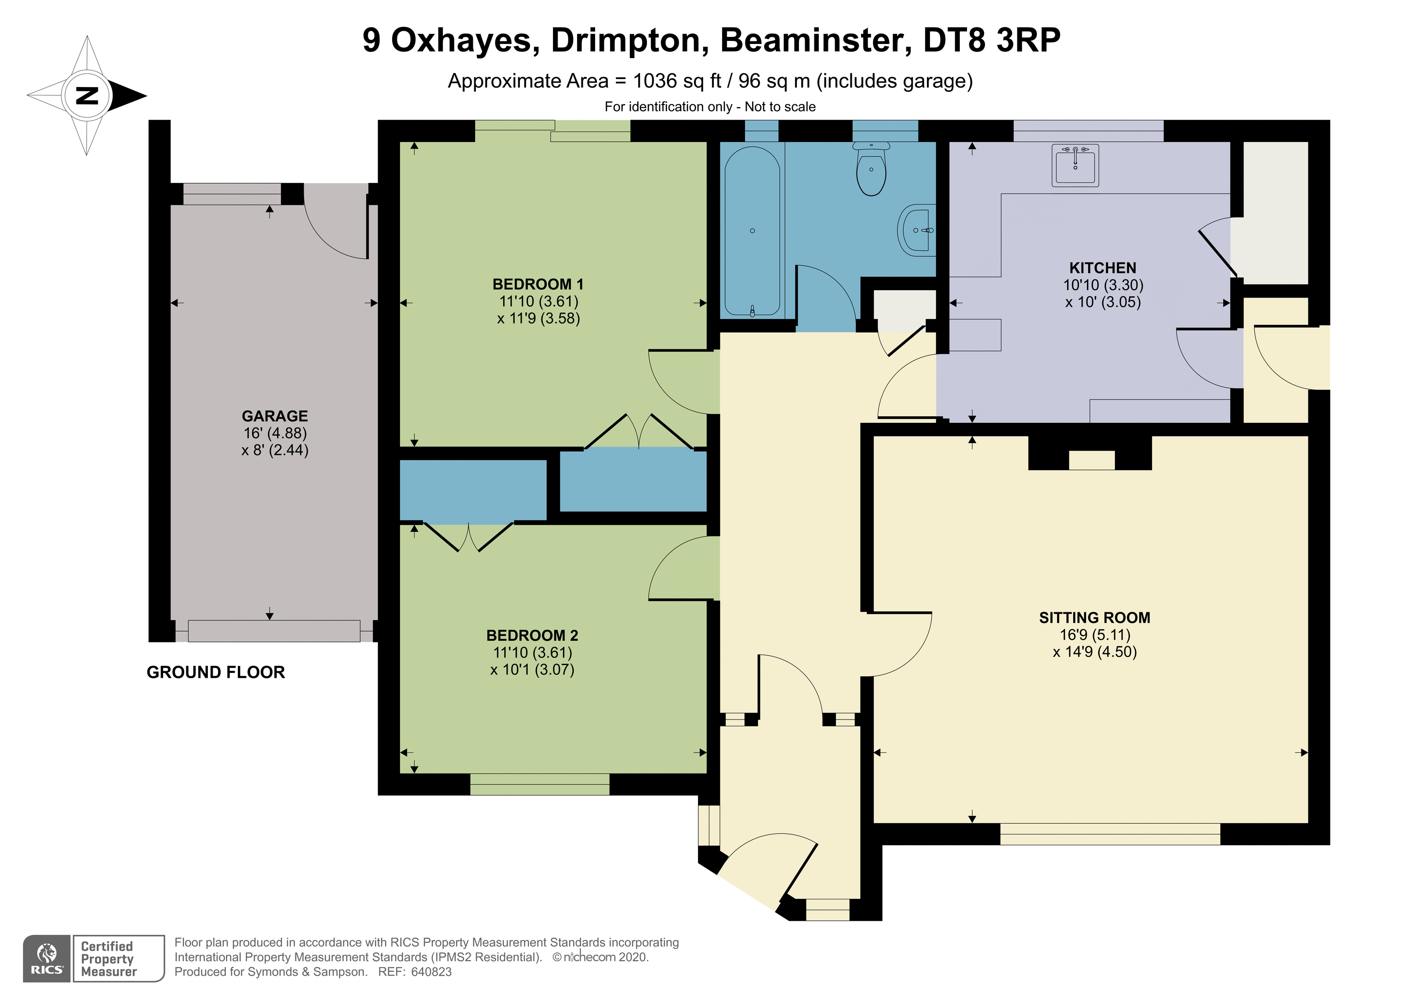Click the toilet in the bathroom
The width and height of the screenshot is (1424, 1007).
point(872,169)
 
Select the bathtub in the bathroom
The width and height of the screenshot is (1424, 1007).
point(752,231)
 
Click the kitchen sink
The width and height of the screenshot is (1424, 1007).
point(1075,165)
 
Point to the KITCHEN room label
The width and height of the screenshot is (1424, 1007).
point(1103,268)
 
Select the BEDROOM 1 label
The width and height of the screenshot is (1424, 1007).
point(538,284)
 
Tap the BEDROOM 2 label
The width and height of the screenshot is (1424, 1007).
point(532,635)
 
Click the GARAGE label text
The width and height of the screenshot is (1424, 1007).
point(275,416)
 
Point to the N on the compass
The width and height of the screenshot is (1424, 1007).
point(87,95)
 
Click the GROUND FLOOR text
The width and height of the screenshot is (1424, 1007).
point(216,673)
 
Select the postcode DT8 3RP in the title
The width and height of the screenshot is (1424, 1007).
point(992,40)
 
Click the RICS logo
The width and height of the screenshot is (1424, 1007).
point(47,959)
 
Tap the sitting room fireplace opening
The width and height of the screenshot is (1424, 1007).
point(1092,460)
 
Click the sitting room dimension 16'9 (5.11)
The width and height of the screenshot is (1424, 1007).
point(1095,635)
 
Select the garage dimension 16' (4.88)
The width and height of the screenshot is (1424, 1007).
point(275,433)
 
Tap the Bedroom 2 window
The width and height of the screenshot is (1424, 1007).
point(540,784)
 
